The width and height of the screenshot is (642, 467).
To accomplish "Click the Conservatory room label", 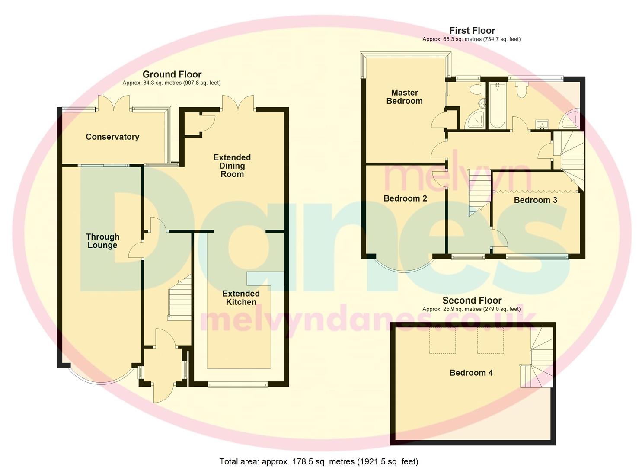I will pos(112,137).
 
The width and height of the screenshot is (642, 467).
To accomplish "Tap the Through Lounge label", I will pos(102,241).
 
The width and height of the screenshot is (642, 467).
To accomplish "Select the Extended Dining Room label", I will pos(232,166).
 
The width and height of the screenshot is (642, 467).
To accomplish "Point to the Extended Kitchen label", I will pos(241,298).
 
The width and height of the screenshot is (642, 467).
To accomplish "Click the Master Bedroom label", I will pos(404,97).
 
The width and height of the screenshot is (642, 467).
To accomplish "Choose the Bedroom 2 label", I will pos(405,198).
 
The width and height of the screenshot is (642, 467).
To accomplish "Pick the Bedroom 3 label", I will pos(535,200).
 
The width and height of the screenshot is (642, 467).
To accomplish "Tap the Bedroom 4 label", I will pos(471,373).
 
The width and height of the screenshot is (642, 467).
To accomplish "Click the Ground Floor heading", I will pos(172,74).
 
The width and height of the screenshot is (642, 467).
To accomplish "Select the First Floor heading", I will pos(472,30).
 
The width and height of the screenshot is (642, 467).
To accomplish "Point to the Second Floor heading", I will pos(472,301).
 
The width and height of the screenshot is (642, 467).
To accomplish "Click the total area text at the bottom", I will pos(319,461).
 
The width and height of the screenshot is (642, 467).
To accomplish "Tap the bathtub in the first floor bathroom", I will pos(497,106).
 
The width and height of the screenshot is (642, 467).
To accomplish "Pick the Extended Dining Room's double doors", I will pos(238,103).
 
